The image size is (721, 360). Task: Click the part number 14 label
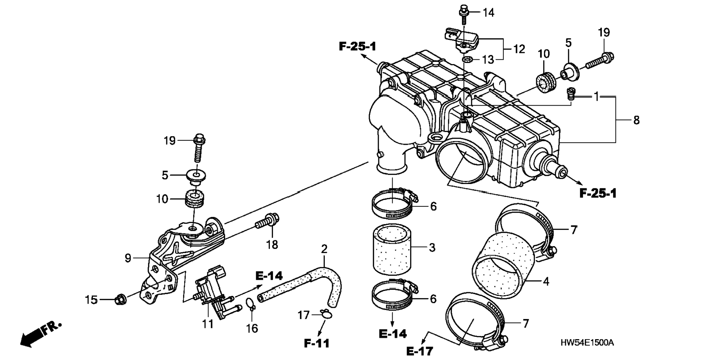(x=488, y=13)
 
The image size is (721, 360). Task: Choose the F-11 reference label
(x=317, y=343)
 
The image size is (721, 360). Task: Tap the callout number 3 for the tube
(x=432, y=247)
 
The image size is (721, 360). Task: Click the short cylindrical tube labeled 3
(x=392, y=248)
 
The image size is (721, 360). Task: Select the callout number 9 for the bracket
(x=128, y=258)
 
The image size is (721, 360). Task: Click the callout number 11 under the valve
(x=208, y=324)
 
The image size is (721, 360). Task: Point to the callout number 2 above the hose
(x=324, y=249)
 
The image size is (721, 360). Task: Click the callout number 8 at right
(x=636, y=120)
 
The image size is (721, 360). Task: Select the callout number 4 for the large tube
(x=546, y=281)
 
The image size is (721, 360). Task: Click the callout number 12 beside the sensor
(x=519, y=49)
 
